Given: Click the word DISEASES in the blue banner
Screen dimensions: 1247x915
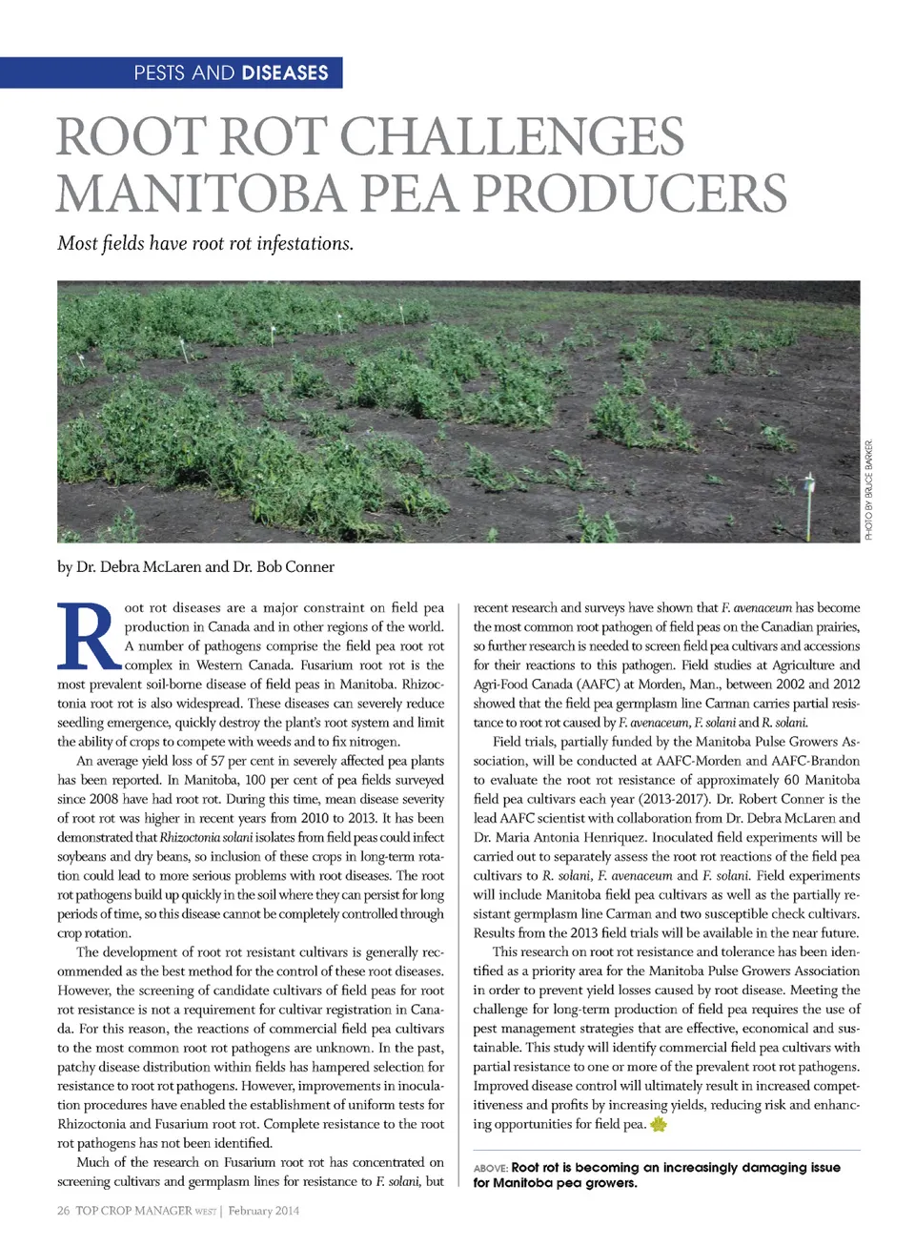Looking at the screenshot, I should click(x=285, y=73).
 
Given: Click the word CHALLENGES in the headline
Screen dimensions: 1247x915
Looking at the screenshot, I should click(x=512, y=136).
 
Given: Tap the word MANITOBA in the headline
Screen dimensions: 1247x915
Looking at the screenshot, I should click(x=199, y=194).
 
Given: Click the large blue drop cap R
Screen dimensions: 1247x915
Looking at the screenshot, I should click(x=88, y=636).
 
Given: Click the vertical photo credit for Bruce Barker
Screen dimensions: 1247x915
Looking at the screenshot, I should click(x=868, y=490).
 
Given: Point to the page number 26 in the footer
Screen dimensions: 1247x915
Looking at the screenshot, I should click(x=63, y=1211).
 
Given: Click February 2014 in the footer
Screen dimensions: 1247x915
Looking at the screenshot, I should click(x=263, y=1211).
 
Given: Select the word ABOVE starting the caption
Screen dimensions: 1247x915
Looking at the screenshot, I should click(x=490, y=1168).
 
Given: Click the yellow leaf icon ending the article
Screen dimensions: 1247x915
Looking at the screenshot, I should click(x=659, y=1124).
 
